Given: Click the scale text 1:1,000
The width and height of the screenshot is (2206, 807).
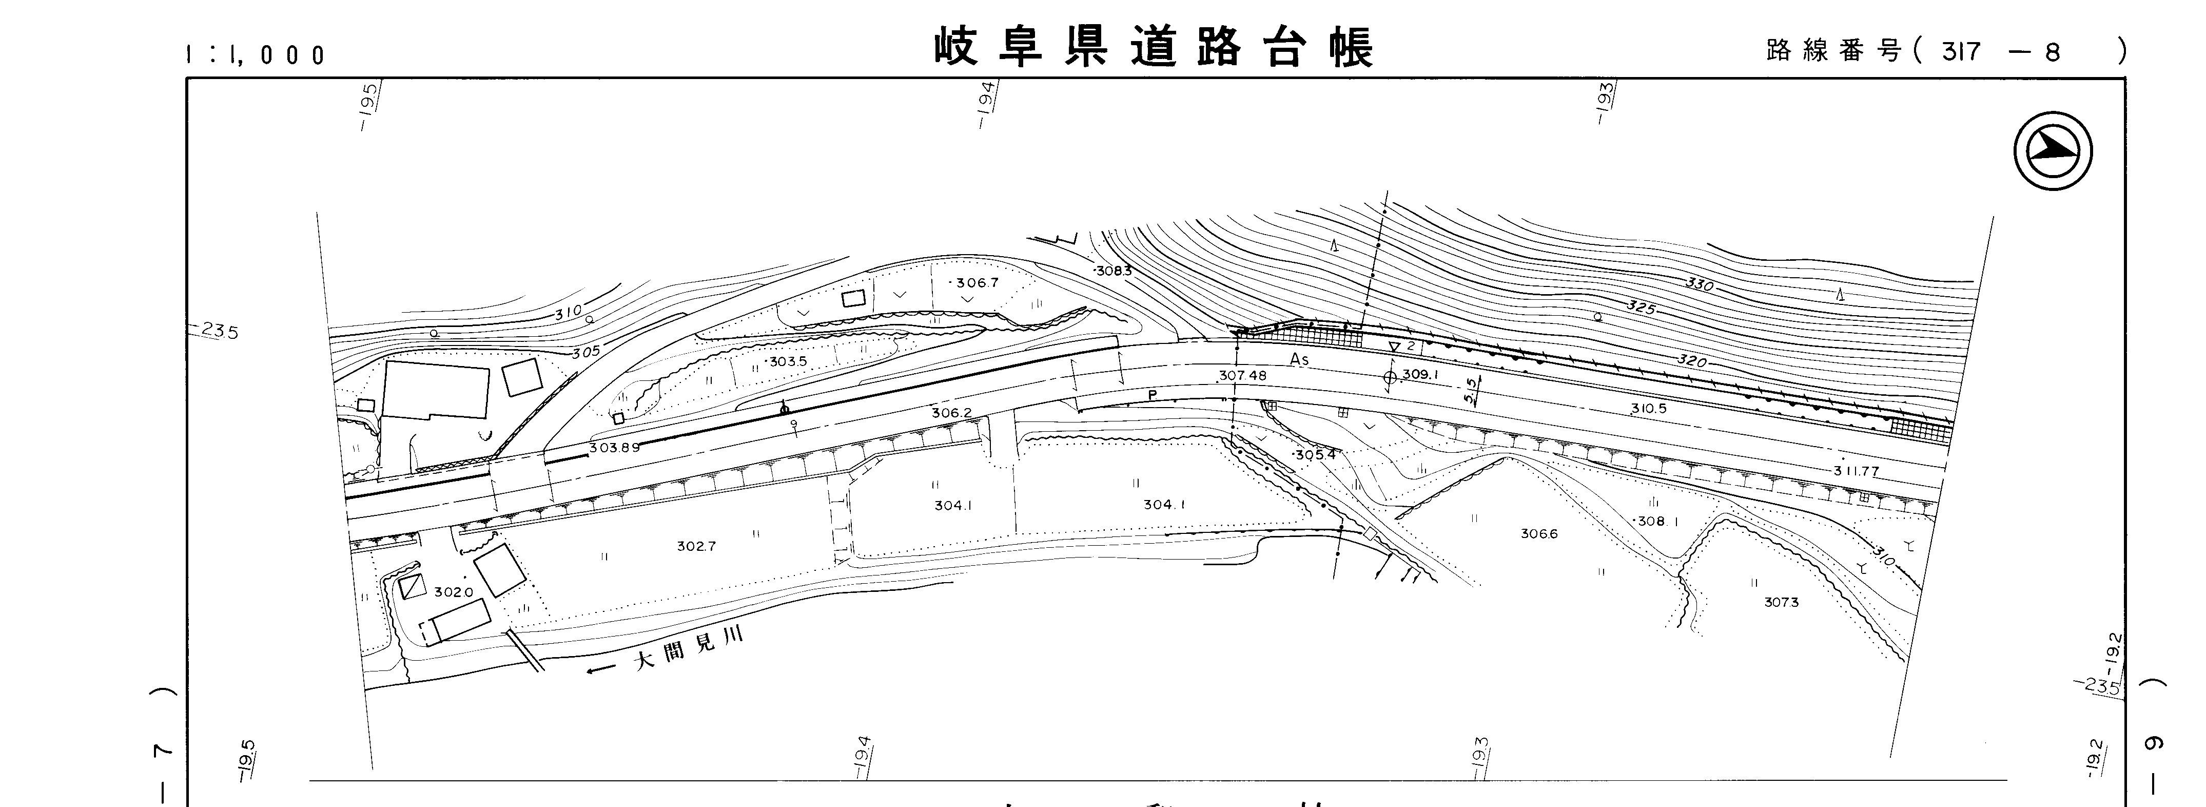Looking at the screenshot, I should [255, 55].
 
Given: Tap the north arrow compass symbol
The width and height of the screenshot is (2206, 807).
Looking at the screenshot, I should [2053, 151].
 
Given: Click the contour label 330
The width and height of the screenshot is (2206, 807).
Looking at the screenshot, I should [1699, 283].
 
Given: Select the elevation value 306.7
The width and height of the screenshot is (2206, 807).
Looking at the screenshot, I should [977, 283].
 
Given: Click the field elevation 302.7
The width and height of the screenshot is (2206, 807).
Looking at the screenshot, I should [695, 546].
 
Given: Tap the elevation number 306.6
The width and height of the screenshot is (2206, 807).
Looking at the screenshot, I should [1539, 534].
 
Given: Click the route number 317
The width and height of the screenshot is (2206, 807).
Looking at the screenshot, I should [1961, 52].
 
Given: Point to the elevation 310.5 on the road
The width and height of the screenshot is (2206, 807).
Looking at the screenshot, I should [1649, 409].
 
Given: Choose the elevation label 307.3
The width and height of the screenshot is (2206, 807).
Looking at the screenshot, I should [1781, 602].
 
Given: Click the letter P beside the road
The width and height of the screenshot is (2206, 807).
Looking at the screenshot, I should [1152, 395].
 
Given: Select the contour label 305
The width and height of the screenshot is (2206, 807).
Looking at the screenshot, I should [587, 351].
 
